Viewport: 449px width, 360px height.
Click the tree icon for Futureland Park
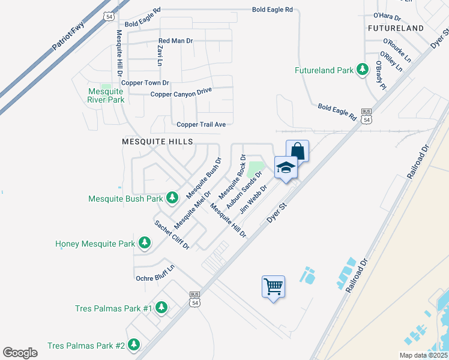pyautogui.click(x=363, y=70)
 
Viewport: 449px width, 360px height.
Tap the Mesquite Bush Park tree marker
pyautogui.click(x=172, y=197)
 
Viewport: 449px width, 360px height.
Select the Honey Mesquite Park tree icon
pyautogui.click(x=145, y=244)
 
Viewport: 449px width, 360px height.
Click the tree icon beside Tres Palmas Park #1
pyautogui.click(x=161, y=308)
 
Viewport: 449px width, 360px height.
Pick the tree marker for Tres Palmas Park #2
pyautogui.click(x=134, y=346)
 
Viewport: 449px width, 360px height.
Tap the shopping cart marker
pyautogui.click(x=273, y=287)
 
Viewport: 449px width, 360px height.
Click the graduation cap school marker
pyautogui.click(x=286, y=167)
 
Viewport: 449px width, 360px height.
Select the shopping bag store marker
pyautogui.click(x=297, y=151)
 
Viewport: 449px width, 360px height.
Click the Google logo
pyautogui.click(x=20, y=353)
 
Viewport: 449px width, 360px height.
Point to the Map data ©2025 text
pyautogui.click(x=423, y=355)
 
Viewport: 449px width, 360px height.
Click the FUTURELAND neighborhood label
pyautogui.click(x=392, y=28)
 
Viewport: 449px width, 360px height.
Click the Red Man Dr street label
pyautogui.click(x=175, y=41)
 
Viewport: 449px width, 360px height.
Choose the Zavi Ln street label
pyautogui.click(x=160, y=55)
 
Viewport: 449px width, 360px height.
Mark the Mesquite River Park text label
pyautogui.click(x=106, y=95)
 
